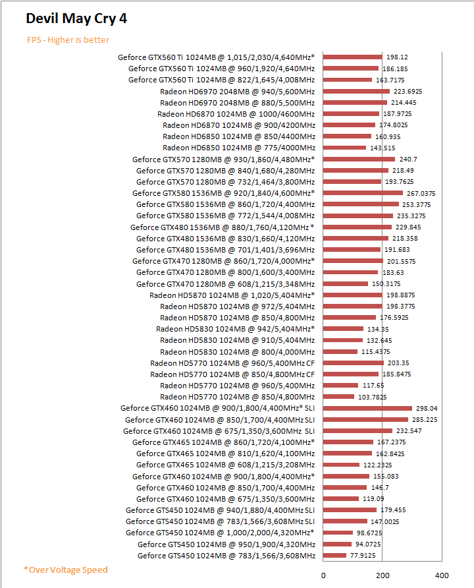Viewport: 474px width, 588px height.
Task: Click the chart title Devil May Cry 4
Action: [x=76, y=18]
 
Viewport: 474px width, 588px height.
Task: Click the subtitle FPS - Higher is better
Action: [x=68, y=40]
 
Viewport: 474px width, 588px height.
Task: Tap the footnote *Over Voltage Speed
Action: [x=65, y=570]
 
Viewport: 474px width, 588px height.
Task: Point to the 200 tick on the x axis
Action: [x=382, y=574]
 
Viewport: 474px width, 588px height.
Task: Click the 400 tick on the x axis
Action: [x=442, y=574]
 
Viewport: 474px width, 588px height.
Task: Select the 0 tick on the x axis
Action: [x=323, y=574]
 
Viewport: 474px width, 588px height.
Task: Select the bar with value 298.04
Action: [x=367, y=408]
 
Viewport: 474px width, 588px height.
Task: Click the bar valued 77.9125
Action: [x=334, y=556]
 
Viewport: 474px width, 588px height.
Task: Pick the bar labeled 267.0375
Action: [x=362, y=193]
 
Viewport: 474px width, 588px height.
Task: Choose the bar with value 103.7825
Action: [x=338, y=397]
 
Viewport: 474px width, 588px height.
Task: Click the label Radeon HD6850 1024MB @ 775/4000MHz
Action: [x=239, y=148]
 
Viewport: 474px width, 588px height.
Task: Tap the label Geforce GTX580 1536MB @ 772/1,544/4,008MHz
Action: [x=225, y=216]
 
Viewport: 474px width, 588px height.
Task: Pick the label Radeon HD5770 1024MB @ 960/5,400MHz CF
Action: [x=232, y=363]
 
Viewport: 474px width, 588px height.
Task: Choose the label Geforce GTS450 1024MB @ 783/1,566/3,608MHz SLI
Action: [x=220, y=521]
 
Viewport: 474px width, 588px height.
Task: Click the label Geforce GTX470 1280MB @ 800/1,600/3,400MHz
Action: [x=225, y=272]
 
